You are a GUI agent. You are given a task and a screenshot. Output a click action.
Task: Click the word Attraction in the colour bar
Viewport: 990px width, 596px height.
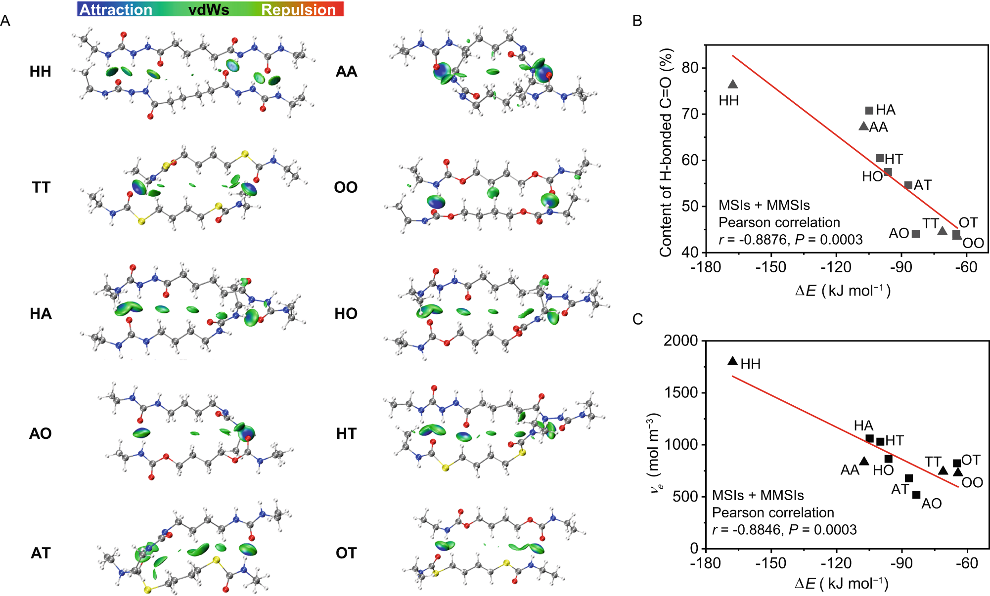[116, 9]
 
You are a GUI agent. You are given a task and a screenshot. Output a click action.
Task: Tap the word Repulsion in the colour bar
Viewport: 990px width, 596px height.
[298, 9]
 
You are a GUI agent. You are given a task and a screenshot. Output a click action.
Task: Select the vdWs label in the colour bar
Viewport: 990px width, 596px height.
[209, 9]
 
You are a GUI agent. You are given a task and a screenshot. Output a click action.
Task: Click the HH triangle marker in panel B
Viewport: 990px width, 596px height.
[733, 85]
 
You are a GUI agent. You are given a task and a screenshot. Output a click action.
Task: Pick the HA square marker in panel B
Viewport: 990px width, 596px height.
[869, 110]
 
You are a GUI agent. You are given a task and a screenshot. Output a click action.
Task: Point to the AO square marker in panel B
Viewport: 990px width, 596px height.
[916, 234]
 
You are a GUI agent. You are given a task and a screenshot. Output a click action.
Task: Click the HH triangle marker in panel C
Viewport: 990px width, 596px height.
[733, 361]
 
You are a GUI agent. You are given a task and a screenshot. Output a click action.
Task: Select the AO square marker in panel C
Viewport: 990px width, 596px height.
[916, 495]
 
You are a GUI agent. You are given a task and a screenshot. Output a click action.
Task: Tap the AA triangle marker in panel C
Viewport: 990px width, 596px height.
[864, 461]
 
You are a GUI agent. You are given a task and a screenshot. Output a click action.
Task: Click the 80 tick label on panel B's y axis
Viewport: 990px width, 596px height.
[690, 68]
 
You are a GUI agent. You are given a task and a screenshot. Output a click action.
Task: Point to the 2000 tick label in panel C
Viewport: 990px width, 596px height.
[680, 341]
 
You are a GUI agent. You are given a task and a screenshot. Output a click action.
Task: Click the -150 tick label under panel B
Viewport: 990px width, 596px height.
[770, 267]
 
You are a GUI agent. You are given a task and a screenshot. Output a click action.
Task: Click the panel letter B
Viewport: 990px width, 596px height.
[637, 21]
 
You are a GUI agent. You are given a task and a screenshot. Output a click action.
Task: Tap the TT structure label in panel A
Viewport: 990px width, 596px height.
[41, 187]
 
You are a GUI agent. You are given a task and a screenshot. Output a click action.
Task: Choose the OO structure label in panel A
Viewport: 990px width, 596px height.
[346, 187]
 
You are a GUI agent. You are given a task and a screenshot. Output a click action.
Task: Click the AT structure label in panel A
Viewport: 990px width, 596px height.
[41, 553]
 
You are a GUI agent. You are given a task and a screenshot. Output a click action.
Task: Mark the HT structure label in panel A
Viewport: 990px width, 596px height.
[346, 433]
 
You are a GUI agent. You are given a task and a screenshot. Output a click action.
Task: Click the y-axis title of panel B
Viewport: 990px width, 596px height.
[666, 152]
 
